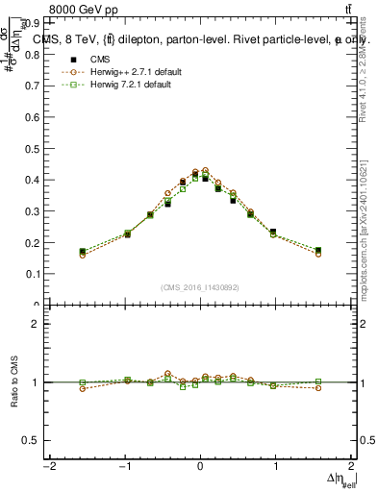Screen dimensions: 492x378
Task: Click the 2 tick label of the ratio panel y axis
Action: click(x=37, y=324)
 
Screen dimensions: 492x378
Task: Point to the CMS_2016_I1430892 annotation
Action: click(x=199, y=287)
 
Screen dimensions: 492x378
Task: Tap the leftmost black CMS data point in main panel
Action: click(x=83, y=252)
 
